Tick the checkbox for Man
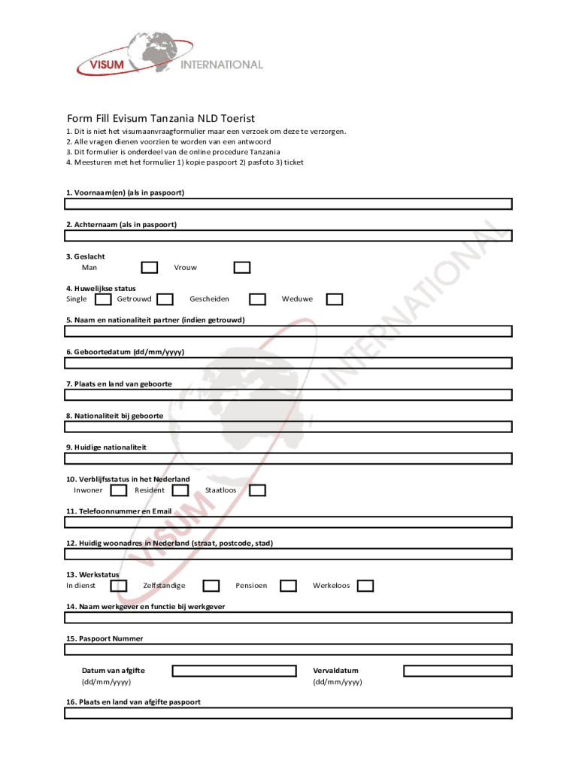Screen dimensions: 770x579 (x=150, y=268)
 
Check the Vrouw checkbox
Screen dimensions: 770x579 (x=241, y=268)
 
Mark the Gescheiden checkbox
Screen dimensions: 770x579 (x=257, y=299)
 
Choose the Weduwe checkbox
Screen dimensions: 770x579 (x=335, y=299)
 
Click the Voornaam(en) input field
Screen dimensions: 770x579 (x=288, y=204)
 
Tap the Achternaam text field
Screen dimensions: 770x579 (x=288, y=235)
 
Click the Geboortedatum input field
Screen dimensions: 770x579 (x=288, y=362)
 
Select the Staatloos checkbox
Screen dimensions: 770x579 (x=257, y=490)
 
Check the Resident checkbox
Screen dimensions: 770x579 (x=180, y=490)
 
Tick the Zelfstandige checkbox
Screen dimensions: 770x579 (x=211, y=586)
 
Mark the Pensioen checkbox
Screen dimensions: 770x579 (x=288, y=586)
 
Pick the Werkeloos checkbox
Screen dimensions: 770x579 (x=365, y=586)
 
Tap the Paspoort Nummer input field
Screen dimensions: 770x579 (x=288, y=649)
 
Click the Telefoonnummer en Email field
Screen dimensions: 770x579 (x=288, y=522)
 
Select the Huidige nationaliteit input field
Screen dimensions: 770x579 (x=288, y=458)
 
